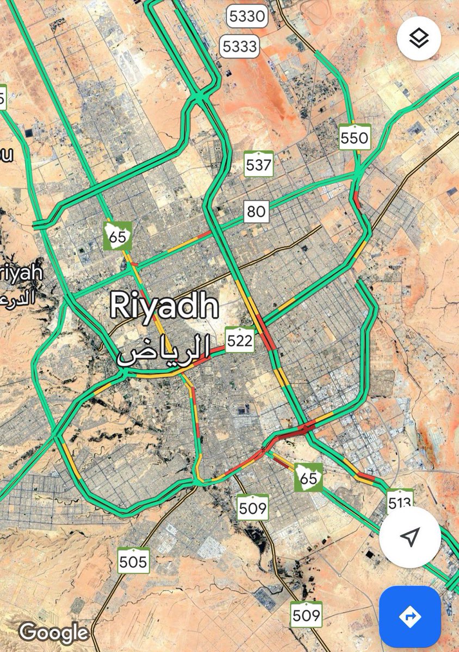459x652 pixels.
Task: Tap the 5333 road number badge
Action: (239, 47)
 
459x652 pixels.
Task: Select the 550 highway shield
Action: (354, 137)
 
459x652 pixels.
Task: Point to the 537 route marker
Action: (258, 164)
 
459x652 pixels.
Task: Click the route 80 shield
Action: (256, 211)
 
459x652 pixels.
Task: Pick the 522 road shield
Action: (240, 340)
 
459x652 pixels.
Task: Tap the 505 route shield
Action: (133, 561)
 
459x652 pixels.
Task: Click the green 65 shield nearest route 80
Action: (117, 236)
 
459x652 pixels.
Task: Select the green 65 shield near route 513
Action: (308, 478)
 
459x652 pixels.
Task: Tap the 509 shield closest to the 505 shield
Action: (253, 508)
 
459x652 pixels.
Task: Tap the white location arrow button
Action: (410, 537)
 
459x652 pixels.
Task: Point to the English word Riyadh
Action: (164, 306)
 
